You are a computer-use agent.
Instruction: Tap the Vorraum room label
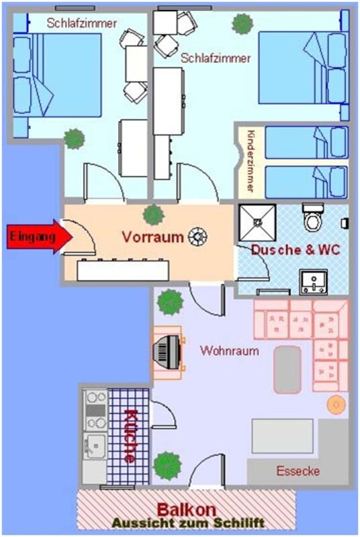[152, 237]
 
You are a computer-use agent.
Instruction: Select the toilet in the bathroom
[313, 217]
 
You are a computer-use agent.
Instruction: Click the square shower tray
[257, 223]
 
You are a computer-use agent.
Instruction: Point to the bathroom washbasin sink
[314, 282]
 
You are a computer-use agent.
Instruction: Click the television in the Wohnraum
[168, 352]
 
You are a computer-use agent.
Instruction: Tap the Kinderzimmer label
[251, 160]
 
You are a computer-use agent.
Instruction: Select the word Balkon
[186, 509]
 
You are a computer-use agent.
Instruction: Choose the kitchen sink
[95, 446]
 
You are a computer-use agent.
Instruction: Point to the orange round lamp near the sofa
[336, 405]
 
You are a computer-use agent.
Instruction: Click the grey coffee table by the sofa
[287, 370]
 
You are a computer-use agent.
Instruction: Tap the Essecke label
[298, 471]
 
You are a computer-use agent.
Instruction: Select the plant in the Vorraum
[153, 215]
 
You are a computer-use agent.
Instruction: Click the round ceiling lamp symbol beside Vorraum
[198, 237]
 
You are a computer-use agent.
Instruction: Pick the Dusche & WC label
[296, 250]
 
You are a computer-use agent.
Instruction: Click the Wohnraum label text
[229, 350]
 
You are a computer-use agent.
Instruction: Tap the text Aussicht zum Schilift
[188, 524]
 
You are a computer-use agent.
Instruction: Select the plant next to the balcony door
[167, 465]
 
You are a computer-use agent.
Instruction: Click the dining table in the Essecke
[282, 436]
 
